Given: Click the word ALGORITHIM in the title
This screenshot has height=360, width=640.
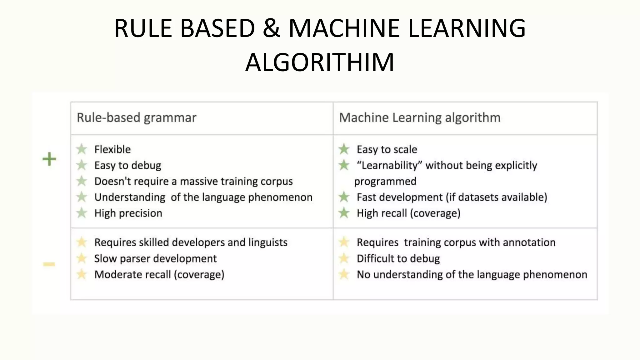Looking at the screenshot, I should point(320,62).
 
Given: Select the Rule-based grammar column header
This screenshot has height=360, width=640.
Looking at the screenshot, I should point(137,118).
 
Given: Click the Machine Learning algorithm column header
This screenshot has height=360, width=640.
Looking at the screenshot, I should point(420,118).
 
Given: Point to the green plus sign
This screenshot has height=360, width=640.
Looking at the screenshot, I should point(49,159).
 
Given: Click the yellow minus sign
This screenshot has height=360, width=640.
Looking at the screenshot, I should point(49,264).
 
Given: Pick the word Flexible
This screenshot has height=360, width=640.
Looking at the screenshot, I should point(112,149).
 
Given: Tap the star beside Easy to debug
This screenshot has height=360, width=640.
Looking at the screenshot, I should point(82,165).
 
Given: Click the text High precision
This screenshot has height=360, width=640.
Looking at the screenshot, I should point(128,213).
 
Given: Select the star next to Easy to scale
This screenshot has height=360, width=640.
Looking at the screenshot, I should point(344,149).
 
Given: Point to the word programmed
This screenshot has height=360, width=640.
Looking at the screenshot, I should point(385,181).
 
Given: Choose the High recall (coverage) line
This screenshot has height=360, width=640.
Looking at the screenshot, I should point(408,213).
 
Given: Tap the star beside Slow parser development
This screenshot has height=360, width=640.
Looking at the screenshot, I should point(82,258).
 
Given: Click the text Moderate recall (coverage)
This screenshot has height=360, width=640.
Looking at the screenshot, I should point(159,274).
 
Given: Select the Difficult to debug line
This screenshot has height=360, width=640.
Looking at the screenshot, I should point(398,258).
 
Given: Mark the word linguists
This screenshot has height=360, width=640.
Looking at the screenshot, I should point(268,242).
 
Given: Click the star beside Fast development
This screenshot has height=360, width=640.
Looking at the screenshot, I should point(344,197).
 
